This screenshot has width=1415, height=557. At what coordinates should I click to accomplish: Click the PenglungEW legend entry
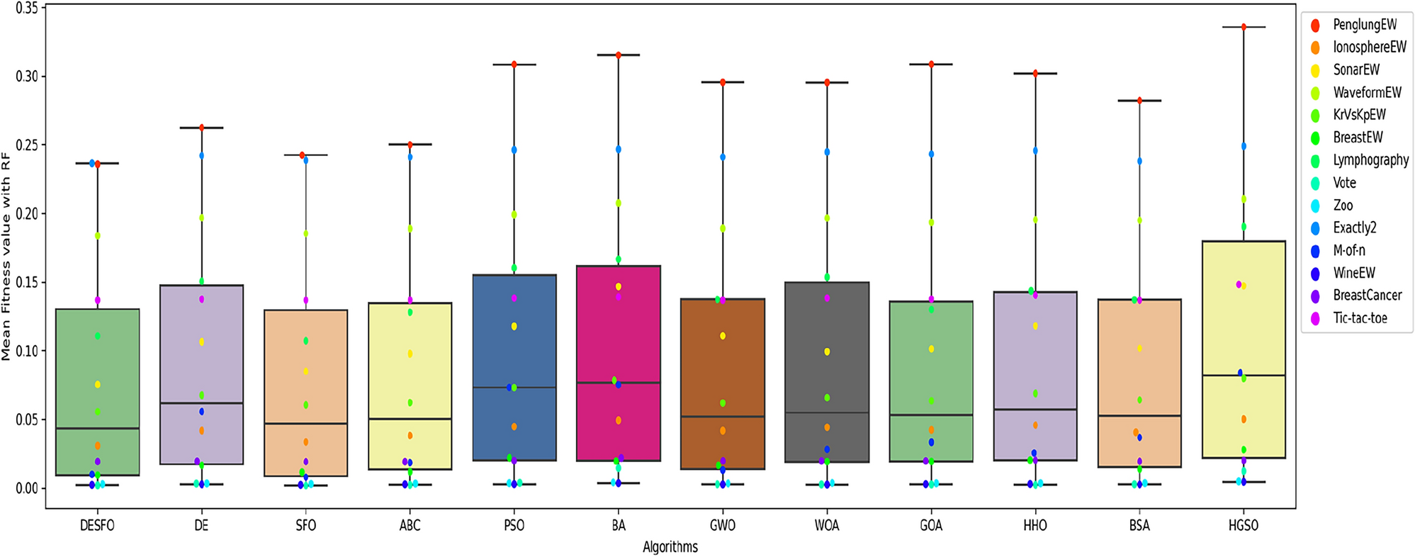[1364, 25]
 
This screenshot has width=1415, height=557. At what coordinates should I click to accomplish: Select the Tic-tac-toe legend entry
[1359, 318]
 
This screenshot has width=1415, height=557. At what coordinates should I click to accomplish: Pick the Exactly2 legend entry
[1354, 227]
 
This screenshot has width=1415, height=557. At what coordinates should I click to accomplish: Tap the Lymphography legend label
[1370, 160]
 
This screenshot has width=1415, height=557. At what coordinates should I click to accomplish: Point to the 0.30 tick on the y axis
[27, 77]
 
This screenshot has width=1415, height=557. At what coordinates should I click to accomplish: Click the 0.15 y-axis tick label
[27, 283]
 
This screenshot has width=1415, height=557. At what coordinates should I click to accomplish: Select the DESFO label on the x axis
[97, 526]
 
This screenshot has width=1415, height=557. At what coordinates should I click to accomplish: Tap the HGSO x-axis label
[1244, 526]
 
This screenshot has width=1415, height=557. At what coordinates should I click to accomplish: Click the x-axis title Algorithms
[670, 547]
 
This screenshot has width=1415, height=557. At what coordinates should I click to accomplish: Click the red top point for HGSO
[1244, 27]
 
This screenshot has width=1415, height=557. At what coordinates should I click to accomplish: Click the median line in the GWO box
[723, 417]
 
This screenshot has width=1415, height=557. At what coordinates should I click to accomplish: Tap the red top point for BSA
[1139, 101]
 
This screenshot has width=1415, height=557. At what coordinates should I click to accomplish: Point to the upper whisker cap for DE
[201, 128]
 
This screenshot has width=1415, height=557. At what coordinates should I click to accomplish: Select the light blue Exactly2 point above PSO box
[514, 150]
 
